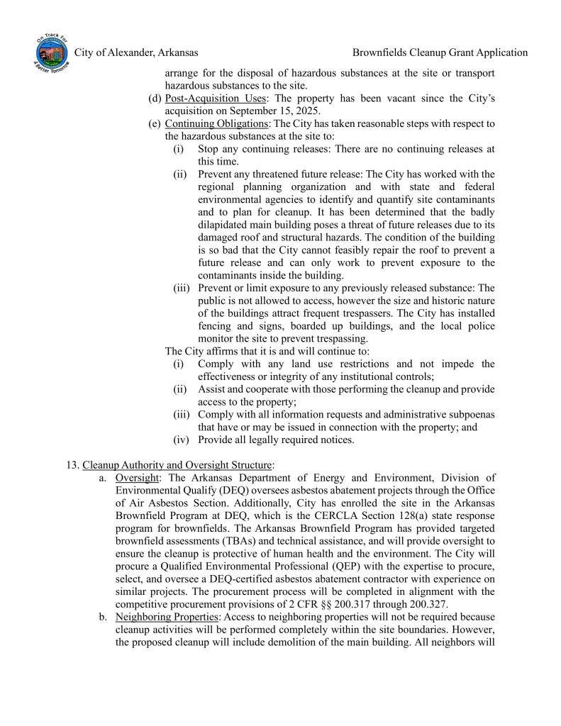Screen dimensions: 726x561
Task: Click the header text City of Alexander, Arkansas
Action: tap(135, 52)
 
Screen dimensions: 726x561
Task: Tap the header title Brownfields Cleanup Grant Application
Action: tap(440, 52)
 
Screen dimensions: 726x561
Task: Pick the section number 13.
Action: tap(71, 464)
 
